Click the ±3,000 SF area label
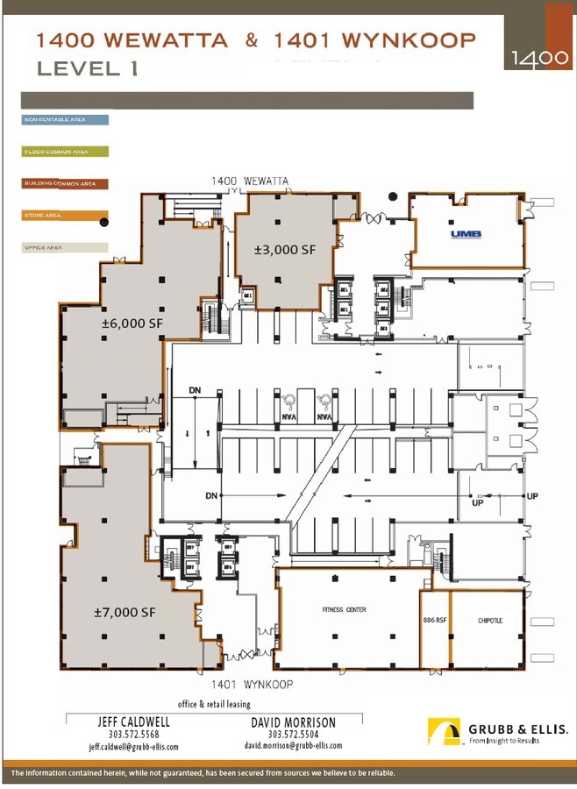[x=284, y=250]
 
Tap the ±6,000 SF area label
[x=132, y=323]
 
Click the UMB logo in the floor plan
[x=462, y=234]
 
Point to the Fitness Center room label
[x=344, y=609]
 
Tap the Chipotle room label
[x=490, y=621]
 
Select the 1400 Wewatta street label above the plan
[x=250, y=181]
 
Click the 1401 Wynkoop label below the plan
[x=251, y=684]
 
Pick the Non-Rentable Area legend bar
[x=66, y=119]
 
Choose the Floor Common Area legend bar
[x=66, y=152]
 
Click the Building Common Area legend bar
[x=66, y=184]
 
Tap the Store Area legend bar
[x=66, y=216]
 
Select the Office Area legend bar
[x=66, y=248]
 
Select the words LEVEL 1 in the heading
[x=87, y=68]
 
